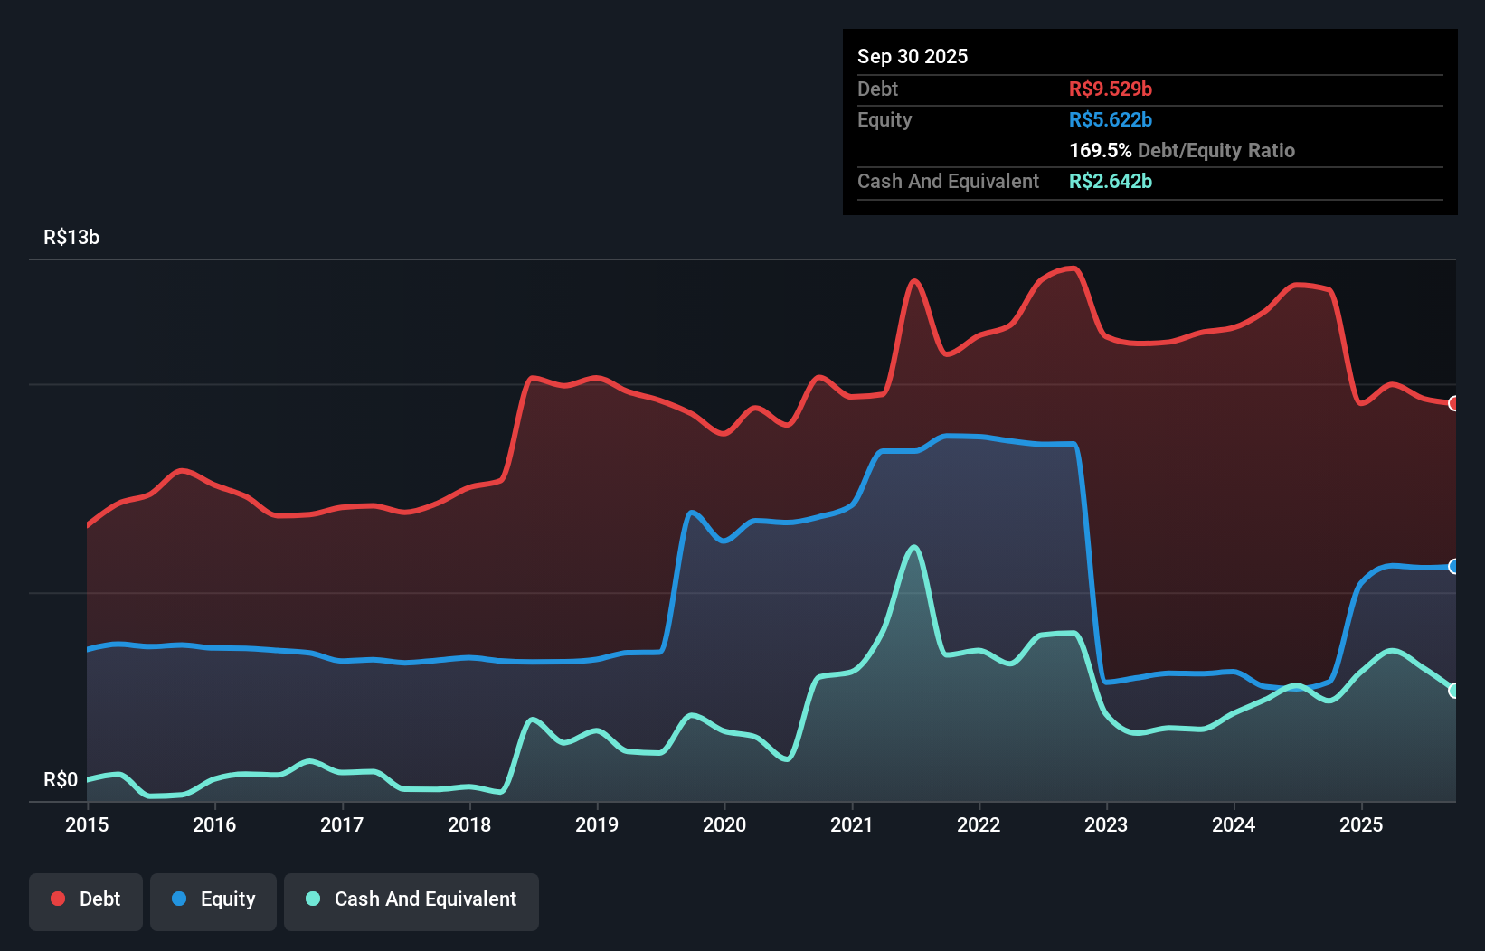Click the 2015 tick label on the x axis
click(x=87, y=824)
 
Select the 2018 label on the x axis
click(x=469, y=824)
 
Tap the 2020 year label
click(x=724, y=824)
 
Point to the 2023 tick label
click(x=1106, y=824)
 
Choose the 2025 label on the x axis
click(x=1361, y=824)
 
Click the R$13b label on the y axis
click(x=71, y=238)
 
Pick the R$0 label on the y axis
click(x=61, y=779)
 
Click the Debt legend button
click(x=86, y=899)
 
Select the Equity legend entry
click(x=213, y=899)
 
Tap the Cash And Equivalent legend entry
click(x=411, y=899)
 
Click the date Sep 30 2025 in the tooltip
click(x=913, y=56)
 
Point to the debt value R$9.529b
click(x=1111, y=89)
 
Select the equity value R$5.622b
click(x=1111, y=119)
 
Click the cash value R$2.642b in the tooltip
click(x=1111, y=181)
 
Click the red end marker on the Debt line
click(x=1453, y=403)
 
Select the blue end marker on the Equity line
click(x=1453, y=567)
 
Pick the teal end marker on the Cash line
click(x=1453, y=691)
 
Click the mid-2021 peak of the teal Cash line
click(x=914, y=547)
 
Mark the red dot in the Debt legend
click(x=58, y=899)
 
